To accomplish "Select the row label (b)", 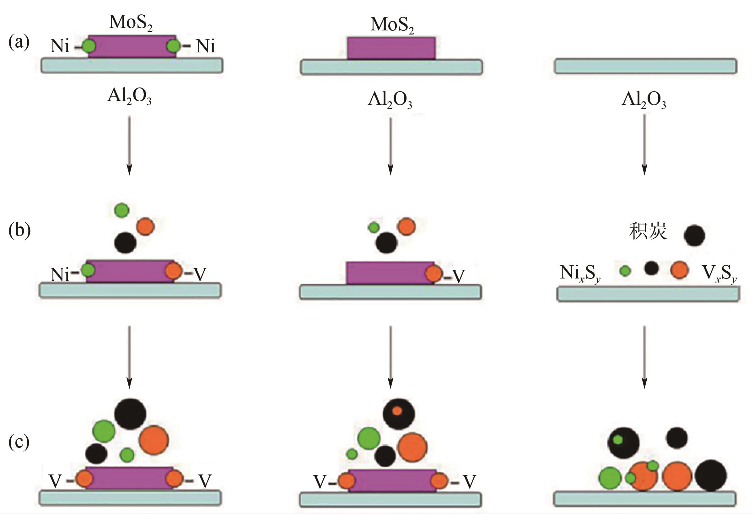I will [19, 231].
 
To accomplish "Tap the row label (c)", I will [19, 442].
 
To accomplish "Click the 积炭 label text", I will [648, 232].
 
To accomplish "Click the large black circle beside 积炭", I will [694, 235].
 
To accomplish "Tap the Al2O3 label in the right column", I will [644, 100].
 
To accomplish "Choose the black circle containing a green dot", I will [623, 443].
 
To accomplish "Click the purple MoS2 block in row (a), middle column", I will [391, 48].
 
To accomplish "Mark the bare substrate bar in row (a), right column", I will [645, 66].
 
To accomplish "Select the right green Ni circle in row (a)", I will [173, 46].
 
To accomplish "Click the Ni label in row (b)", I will [60, 275].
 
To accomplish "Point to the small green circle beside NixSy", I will [625, 271].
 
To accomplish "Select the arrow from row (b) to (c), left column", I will [129, 357].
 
